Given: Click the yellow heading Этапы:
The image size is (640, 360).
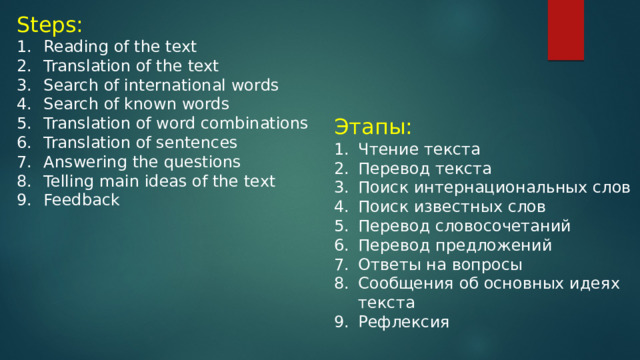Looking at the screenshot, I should click(x=373, y=127).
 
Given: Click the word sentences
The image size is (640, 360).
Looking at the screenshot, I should click(x=197, y=142).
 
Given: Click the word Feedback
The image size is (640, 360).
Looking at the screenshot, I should click(x=81, y=200).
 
